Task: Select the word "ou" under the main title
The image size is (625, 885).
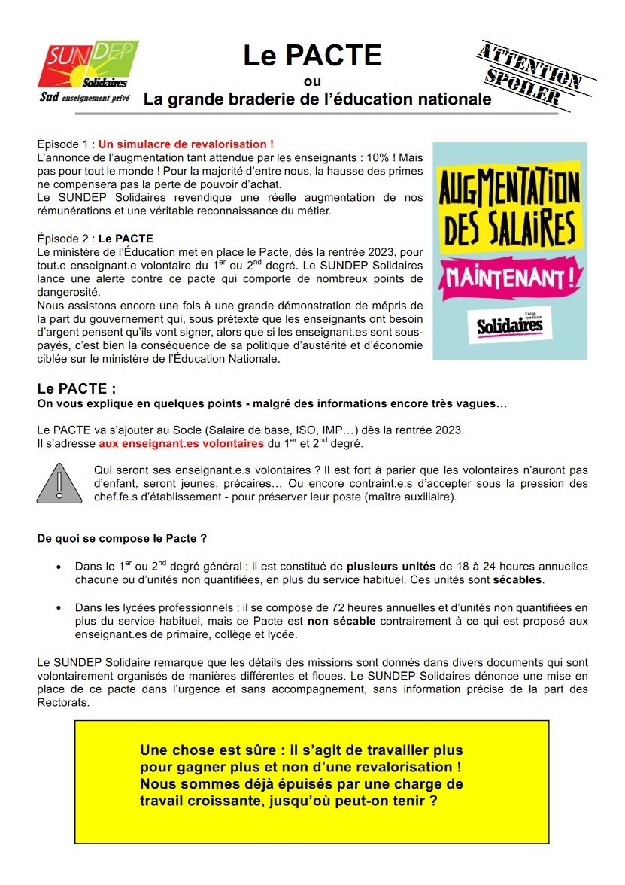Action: click(x=312, y=81)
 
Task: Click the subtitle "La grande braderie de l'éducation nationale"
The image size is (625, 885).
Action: click(x=317, y=99)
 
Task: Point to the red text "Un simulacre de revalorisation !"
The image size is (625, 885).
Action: click(x=186, y=144)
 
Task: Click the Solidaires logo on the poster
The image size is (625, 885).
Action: click(x=509, y=325)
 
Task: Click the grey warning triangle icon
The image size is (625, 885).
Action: click(x=59, y=483)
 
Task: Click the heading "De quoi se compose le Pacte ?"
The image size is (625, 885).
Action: click(x=122, y=539)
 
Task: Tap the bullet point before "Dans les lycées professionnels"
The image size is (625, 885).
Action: click(x=59, y=607)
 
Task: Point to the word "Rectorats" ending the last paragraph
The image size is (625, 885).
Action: click(x=64, y=703)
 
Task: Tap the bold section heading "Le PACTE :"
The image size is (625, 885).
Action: click(x=77, y=389)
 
